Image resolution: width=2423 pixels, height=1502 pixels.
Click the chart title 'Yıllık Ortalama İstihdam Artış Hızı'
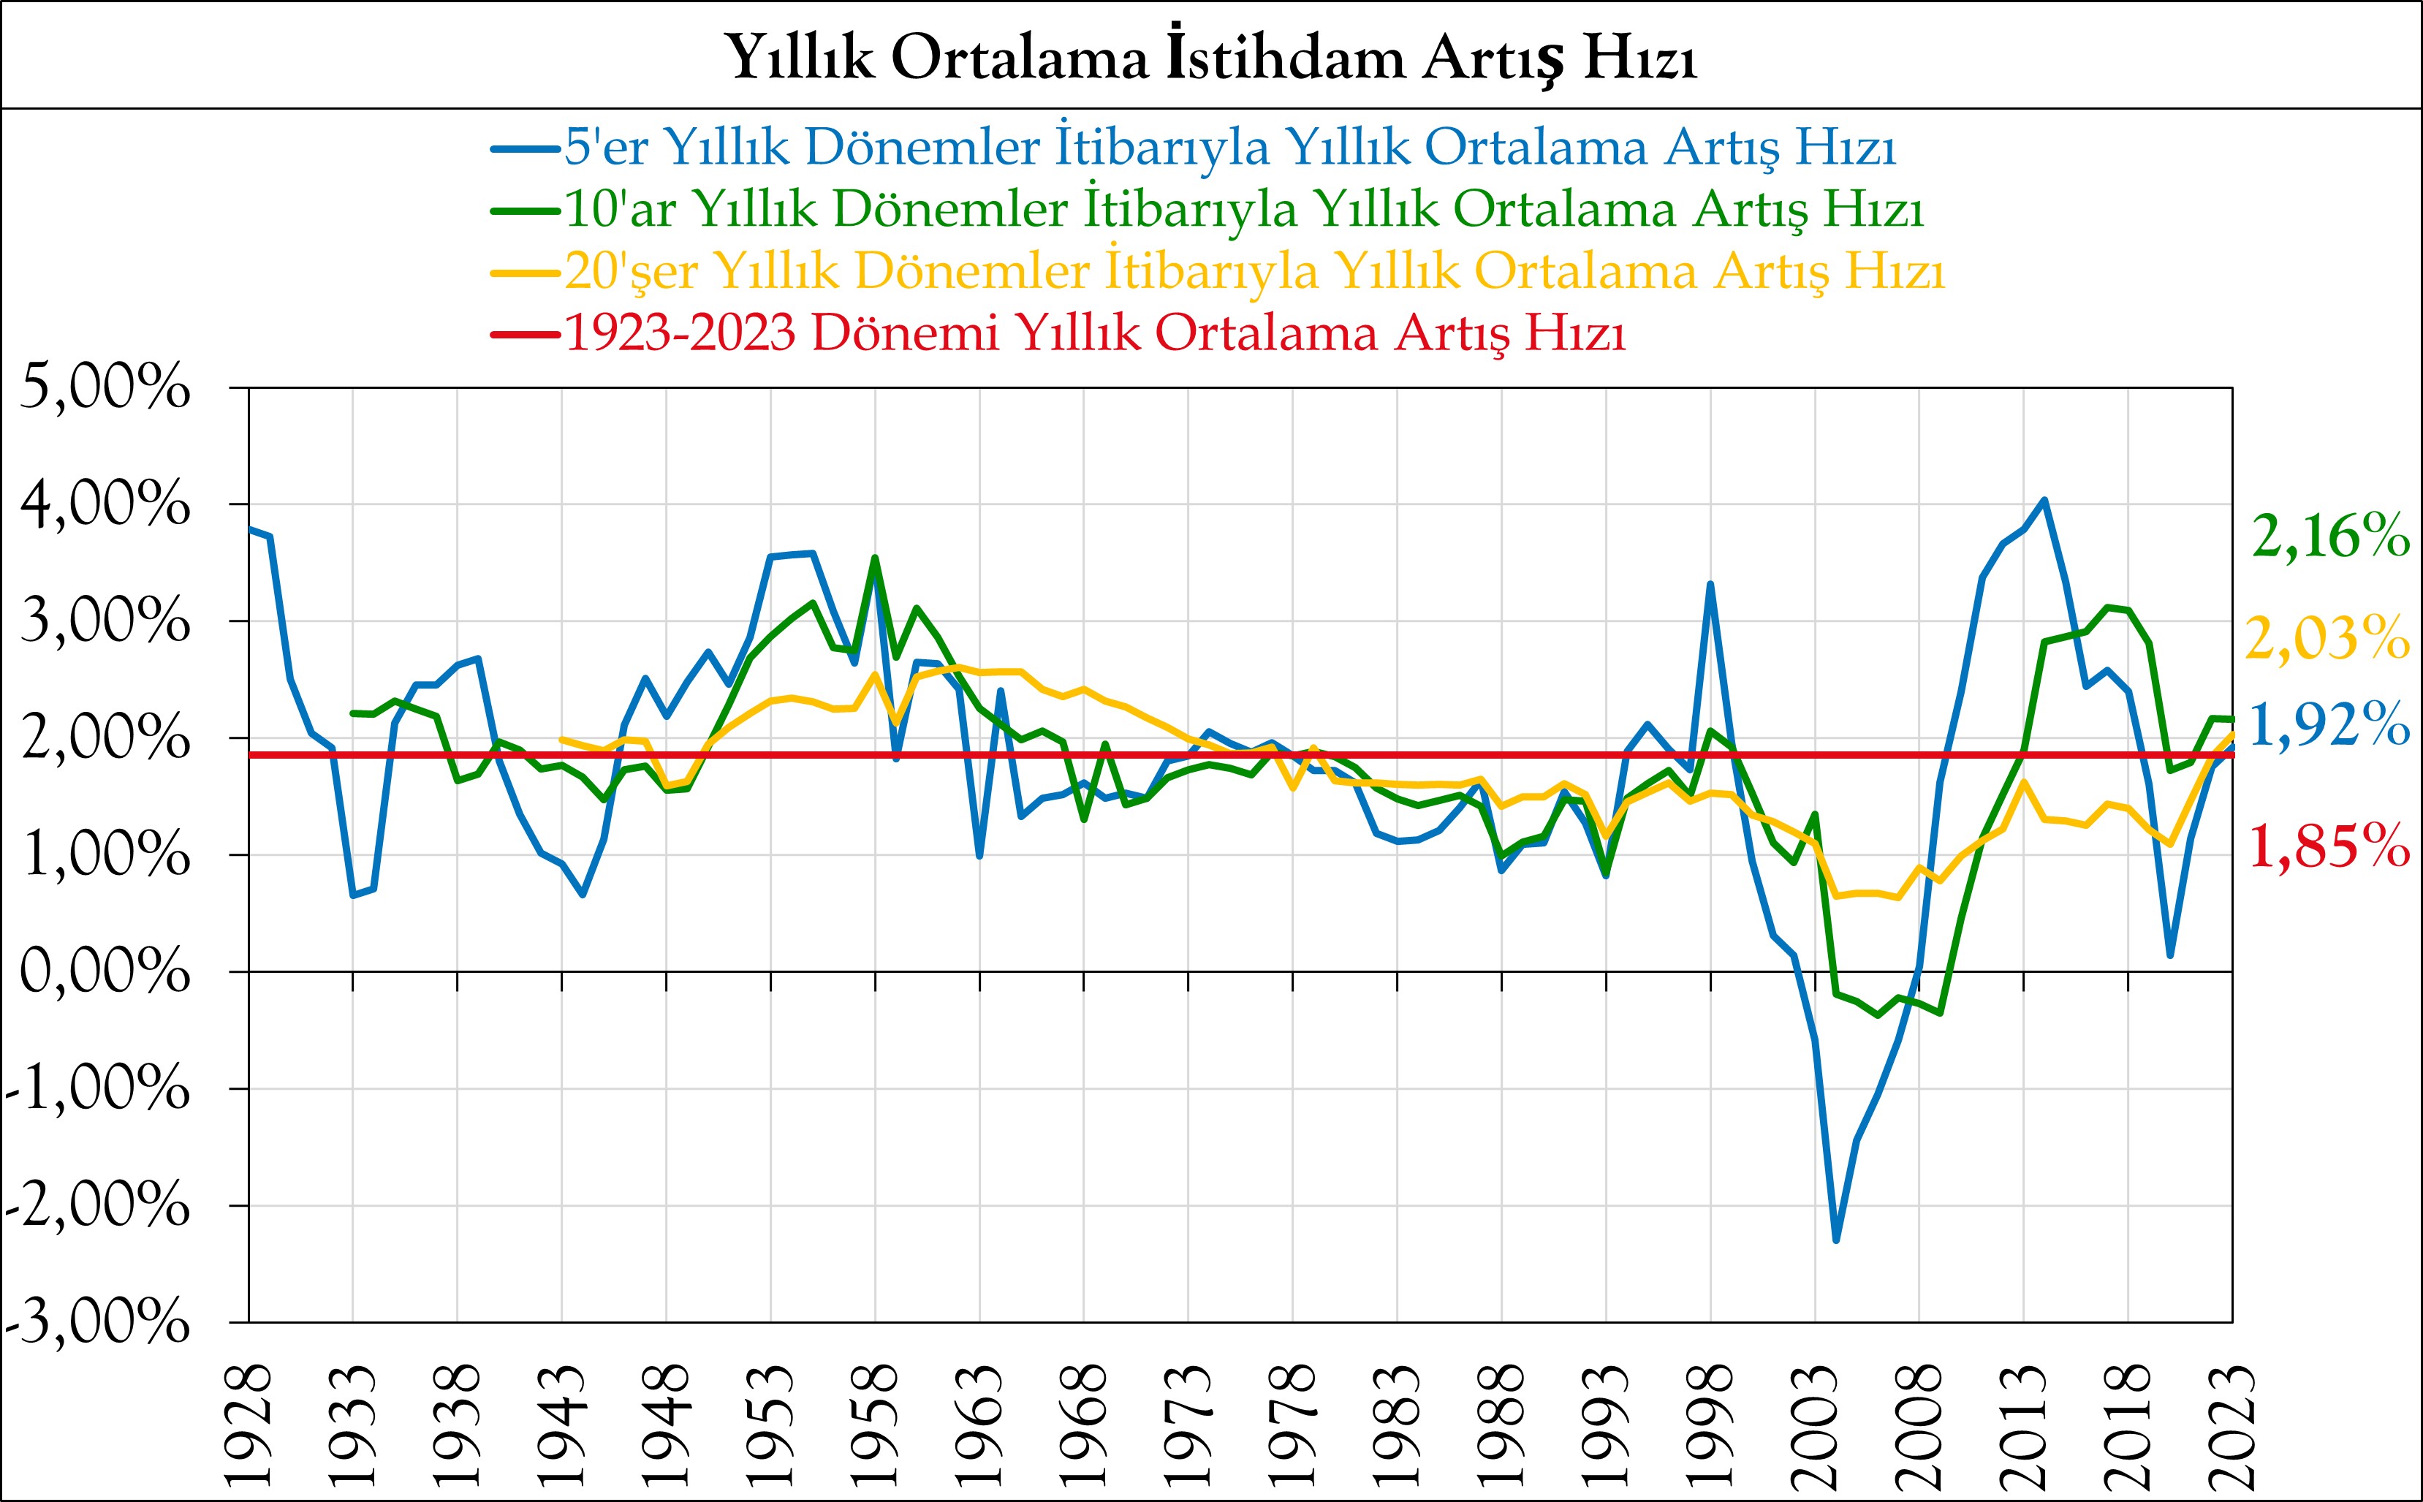pos(1211,56)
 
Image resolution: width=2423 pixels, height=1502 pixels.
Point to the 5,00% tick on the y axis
pos(105,387)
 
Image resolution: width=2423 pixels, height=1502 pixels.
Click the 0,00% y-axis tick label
pos(105,971)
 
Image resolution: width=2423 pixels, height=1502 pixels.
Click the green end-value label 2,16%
pos(2329,537)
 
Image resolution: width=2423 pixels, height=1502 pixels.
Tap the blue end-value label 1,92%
pos(2329,724)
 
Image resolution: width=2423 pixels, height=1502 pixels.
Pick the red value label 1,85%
pos(2329,847)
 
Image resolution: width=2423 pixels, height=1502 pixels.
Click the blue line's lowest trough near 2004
pos(1836,1240)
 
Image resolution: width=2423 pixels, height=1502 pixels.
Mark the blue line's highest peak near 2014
pos(2044,500)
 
